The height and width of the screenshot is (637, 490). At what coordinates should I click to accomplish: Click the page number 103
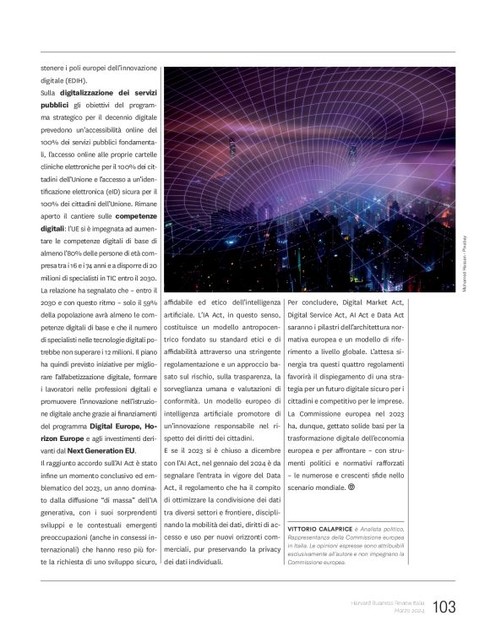(444, 606)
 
